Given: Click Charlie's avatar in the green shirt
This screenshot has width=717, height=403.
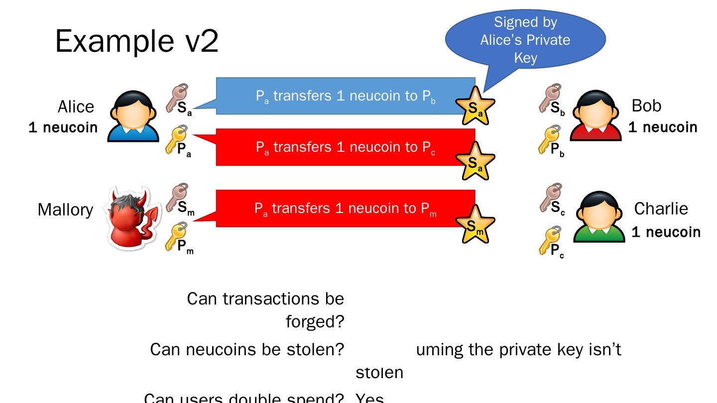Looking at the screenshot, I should coord(599,217).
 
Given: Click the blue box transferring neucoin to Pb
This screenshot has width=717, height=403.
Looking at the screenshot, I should coord(345,96).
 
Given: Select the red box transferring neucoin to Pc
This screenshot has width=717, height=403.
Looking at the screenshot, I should coord(345,147).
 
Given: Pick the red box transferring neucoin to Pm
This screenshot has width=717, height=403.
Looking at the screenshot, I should coord(345,208).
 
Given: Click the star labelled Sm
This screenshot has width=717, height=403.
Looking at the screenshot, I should coord(476,225).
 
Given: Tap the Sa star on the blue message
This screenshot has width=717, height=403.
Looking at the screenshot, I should coord(476,106).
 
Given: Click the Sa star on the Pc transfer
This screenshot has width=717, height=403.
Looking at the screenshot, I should coord(476,161).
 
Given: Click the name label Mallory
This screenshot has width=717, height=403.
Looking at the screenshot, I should coord(65,209).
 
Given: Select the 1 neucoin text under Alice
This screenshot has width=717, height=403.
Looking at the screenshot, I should coord(63,127).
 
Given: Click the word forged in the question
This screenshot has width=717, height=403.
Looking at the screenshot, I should coord(315,322).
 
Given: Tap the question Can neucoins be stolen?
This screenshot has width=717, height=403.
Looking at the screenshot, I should coord(247,349).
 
